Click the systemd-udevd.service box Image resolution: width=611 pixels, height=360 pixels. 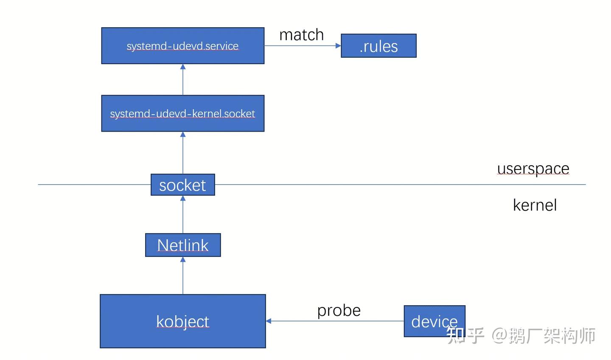(x=182, y=46)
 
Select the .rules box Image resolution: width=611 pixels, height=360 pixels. (x=378, y=46)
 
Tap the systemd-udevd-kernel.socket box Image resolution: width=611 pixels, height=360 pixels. (x=182, y=113)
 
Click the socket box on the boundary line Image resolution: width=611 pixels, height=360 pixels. (x=182, y=185)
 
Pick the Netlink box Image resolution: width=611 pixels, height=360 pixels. (x=182, y=245)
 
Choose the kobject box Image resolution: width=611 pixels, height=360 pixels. (x=182, y=321)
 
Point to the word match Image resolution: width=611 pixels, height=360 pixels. (x=301, y=35)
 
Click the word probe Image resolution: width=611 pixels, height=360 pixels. (x=339, y=310)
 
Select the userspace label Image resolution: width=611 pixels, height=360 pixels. (x=533, y=169)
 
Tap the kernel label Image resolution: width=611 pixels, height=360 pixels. (x=535, y=205)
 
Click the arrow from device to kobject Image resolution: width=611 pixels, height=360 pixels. (x=335, y=321)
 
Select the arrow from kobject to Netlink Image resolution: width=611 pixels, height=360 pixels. (x=183, y=276)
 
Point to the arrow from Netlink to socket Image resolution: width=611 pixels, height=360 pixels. (x=183, y=214)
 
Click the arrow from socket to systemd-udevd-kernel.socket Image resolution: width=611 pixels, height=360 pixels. (x=183, y=153)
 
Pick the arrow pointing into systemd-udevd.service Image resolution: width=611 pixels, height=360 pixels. (x=183, y=80)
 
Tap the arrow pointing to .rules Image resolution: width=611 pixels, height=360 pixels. (x=302, y=46)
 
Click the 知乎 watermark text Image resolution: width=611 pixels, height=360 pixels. (x=465, y=335)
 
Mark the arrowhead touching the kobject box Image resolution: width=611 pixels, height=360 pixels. (x=269, y=321)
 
